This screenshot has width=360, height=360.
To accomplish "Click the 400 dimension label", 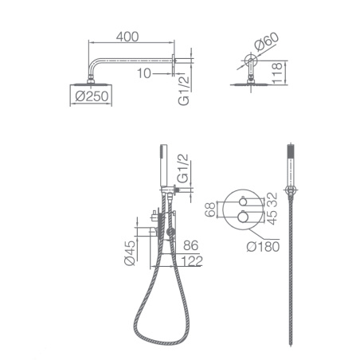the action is point(127,37).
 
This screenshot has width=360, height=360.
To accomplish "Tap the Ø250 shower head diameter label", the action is point(92,96).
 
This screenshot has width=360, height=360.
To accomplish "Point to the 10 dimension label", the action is point(144,73).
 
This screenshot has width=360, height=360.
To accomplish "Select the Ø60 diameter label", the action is point(266,41).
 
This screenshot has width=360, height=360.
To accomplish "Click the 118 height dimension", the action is point(276,73).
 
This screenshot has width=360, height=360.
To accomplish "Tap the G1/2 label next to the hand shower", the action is point(182,168).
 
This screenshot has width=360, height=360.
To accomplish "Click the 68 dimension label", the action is point(210,209).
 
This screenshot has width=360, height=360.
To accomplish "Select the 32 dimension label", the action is point(272,200).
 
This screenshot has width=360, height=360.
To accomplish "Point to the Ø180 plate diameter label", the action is point(263,247).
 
